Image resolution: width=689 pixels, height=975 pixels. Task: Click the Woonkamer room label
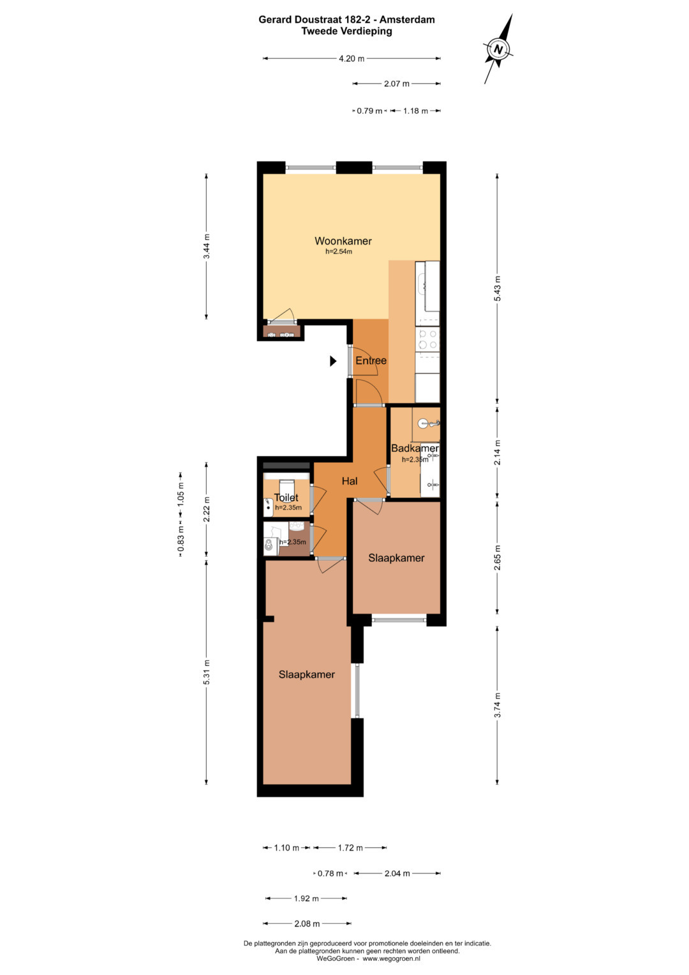343,241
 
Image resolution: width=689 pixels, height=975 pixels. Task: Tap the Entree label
371,360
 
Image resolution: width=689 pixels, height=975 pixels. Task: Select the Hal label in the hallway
350,481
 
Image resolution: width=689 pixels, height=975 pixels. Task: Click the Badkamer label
415,448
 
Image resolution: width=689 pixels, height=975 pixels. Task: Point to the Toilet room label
286,497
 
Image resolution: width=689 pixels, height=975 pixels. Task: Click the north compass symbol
498,49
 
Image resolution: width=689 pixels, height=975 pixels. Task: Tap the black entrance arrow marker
333,361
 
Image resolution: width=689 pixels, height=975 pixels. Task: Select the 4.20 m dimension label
352,58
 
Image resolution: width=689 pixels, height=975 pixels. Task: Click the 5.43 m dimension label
498,288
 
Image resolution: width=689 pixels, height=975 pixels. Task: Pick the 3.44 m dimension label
207,246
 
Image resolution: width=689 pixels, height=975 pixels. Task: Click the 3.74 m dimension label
498,705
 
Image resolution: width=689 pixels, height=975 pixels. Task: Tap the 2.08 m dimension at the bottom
307,924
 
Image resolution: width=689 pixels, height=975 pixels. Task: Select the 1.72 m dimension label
350,847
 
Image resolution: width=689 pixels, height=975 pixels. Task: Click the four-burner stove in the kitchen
427,340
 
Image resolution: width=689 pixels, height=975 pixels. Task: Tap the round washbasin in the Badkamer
424,423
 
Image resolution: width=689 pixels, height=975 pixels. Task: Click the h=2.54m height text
338,252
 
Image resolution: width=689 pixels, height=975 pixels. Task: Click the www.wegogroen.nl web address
392,958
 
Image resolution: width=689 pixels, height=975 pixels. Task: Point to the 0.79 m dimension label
369,111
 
